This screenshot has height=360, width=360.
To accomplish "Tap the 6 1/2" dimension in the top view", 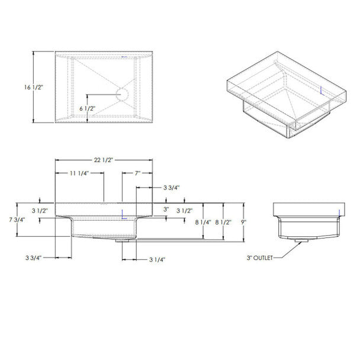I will pos(86,108).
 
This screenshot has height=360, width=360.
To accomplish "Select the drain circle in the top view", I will pos(122,94).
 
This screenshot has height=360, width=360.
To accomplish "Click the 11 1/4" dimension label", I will pos(79,173).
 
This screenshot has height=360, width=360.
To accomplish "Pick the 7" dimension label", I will pos(136,173).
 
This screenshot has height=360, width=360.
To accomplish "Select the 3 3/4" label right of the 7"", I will pos(171,187).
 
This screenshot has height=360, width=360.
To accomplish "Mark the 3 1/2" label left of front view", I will pos(39,210).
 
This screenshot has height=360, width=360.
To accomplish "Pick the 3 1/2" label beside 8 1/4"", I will pos(185,210).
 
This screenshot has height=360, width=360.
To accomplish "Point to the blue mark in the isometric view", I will pos(320,91).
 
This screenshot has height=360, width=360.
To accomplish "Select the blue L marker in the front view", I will pos(123,215).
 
